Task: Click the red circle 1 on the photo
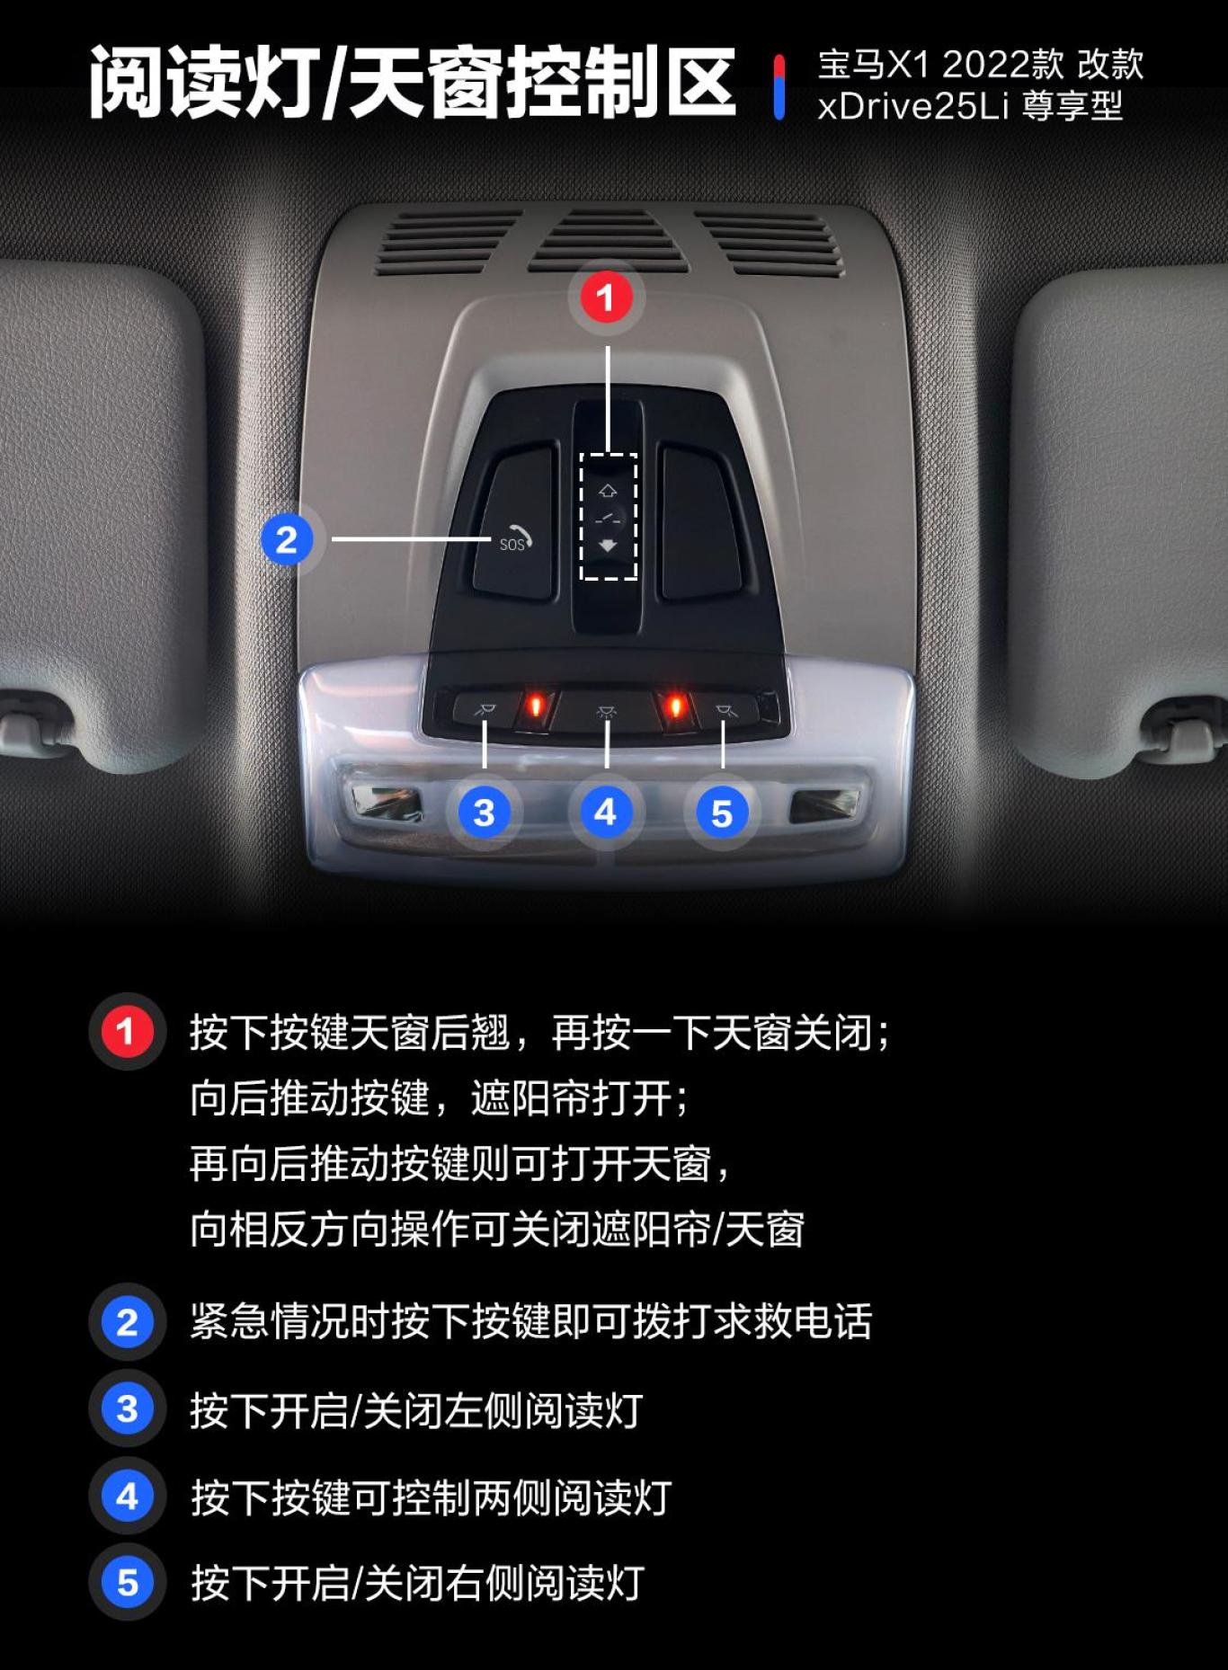pos(606,297)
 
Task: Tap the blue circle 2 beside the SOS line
pos(287,539)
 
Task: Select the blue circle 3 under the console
pos(484,813)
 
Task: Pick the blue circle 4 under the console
pos(606,813)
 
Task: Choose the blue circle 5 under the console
pos(722,813)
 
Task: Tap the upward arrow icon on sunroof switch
pos(609,491)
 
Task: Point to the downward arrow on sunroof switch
pos(609,546)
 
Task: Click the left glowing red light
pos(535,706)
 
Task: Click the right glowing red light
pos(675,706)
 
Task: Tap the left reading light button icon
pos(485,711)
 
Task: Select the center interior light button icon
pos(607,712)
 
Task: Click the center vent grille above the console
pos(608,241)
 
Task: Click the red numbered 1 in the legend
pos(127,1031)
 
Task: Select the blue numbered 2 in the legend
pos(127,1322)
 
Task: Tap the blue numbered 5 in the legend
pos(127,1583)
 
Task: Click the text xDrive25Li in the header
pos(912,107)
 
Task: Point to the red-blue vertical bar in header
pos(779,86)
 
